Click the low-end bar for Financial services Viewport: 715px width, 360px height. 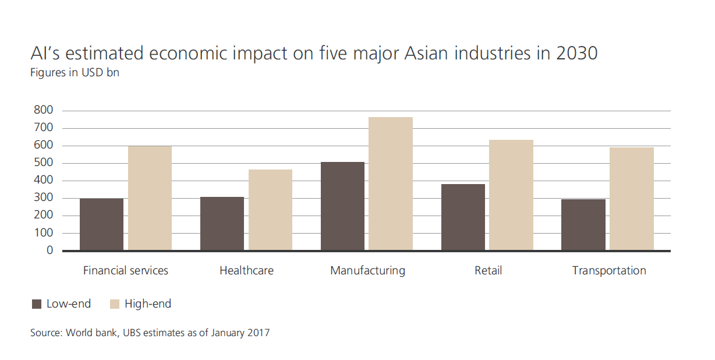click(101, 224)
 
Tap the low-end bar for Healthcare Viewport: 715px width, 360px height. click(222, 224)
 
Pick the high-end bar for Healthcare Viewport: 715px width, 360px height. click(270, 210)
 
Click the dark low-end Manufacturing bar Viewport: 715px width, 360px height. click(342, 206)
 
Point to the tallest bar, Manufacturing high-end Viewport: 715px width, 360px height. click(391, 183)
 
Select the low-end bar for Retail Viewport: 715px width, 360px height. click(463, 217)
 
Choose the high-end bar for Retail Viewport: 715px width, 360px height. click(511, 195)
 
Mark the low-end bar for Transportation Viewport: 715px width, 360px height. click(583, 225)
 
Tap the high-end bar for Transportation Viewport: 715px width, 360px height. click(632, 199)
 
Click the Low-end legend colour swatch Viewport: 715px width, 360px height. click(37, 304)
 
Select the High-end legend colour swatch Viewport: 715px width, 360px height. click(115, 304)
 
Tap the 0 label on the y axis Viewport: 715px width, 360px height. click(50, 250)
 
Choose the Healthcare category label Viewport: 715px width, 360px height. click(246, 271)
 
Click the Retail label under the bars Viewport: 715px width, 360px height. click(488, 271)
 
